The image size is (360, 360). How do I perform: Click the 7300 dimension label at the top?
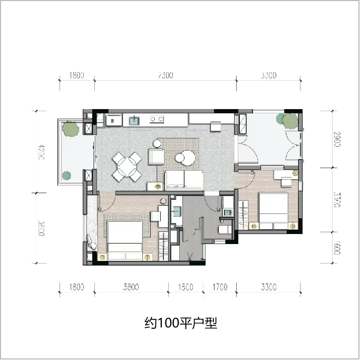(x=165, y=75)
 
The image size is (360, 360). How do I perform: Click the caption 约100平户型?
(x=181, y=323)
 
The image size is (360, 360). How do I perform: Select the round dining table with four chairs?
(x=128, y=167)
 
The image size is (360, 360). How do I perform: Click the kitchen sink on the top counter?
(x=134, y=121)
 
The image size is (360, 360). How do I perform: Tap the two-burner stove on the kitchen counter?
(x=156, y=120)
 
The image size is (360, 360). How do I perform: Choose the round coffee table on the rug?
(x=186, y=158)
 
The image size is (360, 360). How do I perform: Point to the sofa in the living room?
(x=184, y=180)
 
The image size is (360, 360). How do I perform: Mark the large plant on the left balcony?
(x=70, y=129)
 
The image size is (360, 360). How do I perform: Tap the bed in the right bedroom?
(x=273, y=211)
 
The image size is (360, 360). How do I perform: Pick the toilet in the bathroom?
(x=224, y=230)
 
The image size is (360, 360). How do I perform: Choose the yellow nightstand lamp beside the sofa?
(x=158, y=186)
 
